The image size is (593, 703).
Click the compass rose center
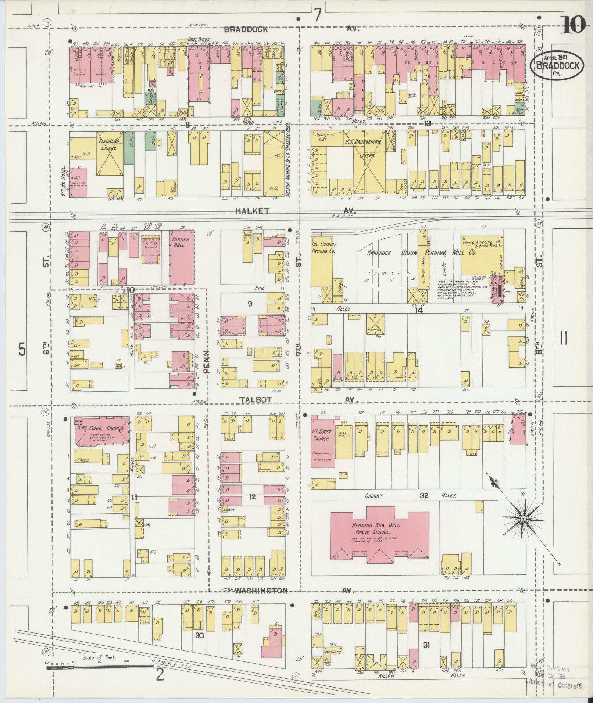pyautogui.click(x=522, y=519)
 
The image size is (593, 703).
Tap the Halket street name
pyautogui.click(x=257, y=211)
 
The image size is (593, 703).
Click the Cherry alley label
pyautogui.click(x=374, y=496)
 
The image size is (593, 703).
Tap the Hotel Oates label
pyautogui.click(x=199, y=39)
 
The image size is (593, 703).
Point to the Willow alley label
pyautogui.click(x=386, y=686)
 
